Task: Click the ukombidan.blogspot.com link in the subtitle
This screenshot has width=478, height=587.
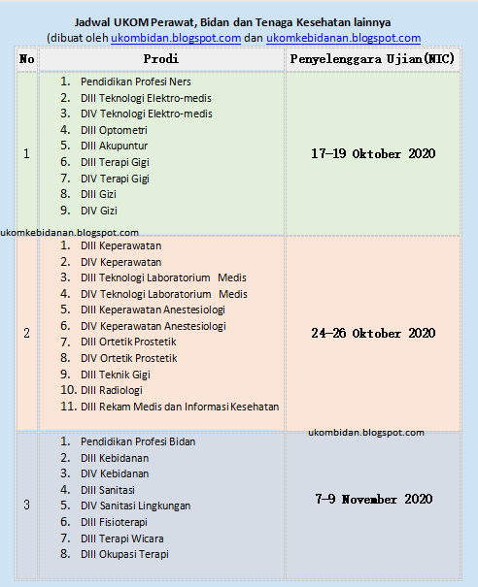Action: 176,38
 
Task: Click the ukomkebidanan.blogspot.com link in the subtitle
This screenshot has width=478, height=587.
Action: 343,38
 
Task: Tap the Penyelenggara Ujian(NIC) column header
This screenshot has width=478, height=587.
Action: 372,58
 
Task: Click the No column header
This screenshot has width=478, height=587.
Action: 26,58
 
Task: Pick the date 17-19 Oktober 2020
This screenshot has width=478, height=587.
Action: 372,153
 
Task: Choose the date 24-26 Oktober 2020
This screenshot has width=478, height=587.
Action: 372,333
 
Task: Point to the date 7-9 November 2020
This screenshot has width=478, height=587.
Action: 374,499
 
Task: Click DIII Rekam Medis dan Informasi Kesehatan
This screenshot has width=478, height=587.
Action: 180,407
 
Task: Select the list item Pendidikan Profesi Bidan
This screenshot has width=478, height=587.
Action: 138,441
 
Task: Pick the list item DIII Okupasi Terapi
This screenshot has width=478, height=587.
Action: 125,554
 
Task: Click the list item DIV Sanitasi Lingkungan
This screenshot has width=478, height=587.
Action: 136,505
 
